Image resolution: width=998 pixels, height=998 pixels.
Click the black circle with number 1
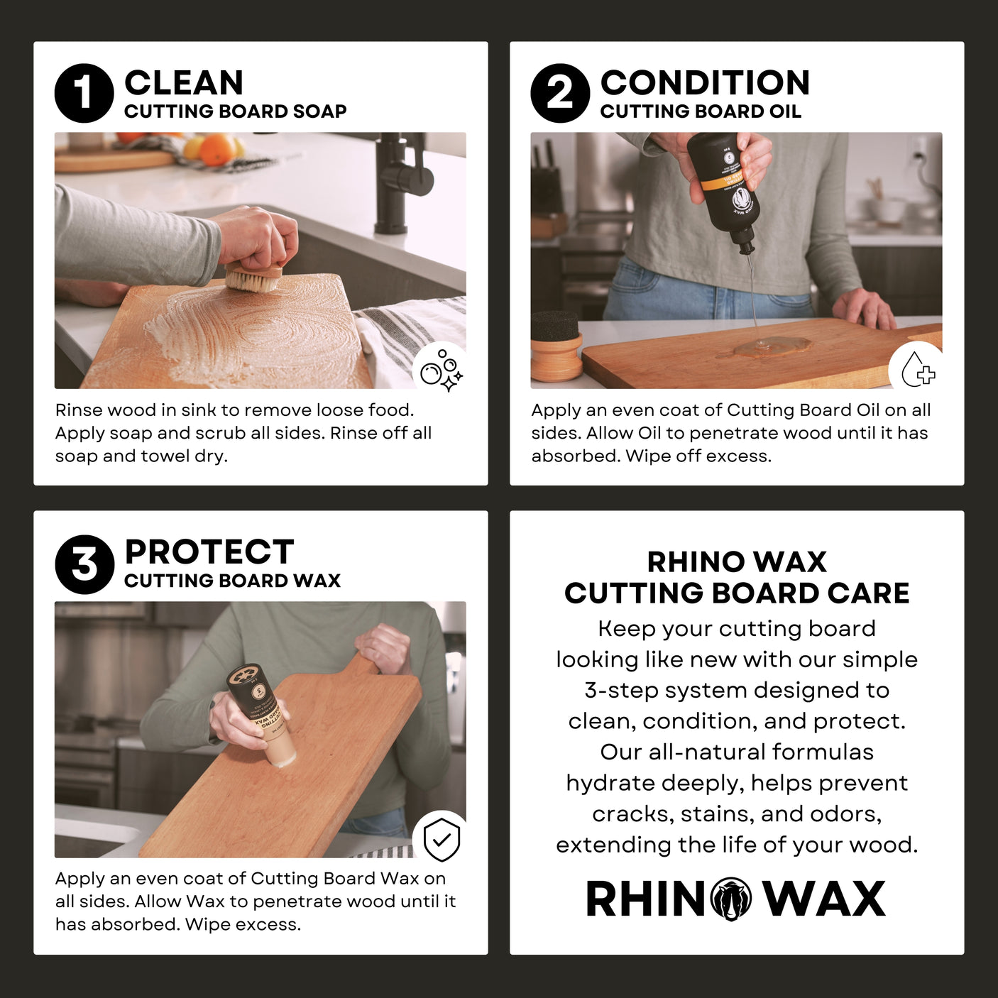pos(84,93)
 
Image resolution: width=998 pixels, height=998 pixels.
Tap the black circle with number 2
pos(560,93)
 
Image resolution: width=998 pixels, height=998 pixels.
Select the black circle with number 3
pos(84,564)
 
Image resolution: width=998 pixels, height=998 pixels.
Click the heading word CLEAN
pos(184,82)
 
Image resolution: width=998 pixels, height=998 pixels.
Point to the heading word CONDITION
pos(705,82)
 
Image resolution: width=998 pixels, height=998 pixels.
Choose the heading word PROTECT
pos(209,552)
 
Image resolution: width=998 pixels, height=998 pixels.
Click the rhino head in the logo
pos(731,899)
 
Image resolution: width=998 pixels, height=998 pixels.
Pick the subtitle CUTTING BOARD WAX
pos(232,581)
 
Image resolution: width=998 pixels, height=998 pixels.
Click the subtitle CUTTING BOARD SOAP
pos(235,111)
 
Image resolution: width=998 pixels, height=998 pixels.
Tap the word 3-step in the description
pos(621,690)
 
